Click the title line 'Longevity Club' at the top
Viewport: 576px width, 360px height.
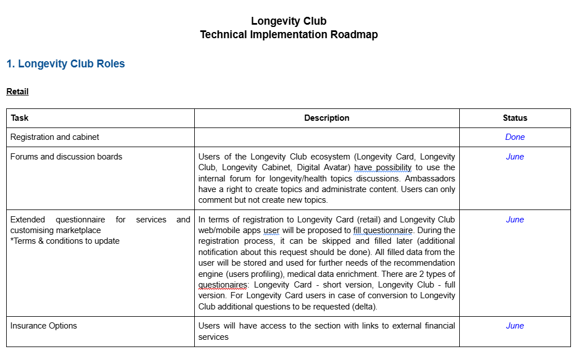(289, 21)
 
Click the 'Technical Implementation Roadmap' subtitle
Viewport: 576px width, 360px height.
(289, 35)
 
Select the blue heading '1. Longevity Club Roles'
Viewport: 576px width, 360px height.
(66, 64)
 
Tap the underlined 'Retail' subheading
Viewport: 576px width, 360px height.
(17, 92)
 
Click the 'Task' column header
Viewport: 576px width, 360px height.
(20, 118)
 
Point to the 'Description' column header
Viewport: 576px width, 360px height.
(327, 118)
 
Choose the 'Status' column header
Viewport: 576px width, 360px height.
(515, 118)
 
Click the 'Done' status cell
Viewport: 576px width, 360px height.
(515, 137)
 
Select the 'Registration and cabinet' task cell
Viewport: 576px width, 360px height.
(55, 137)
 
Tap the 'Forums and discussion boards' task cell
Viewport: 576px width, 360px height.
(66, 157)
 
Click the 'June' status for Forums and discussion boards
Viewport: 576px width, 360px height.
(515, 157)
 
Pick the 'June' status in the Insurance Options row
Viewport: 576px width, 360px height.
(515, 326)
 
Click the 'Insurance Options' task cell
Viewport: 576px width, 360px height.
(44, 326)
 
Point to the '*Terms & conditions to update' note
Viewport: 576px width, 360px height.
(65, 241)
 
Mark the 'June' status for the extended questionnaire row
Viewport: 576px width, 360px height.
(515, 220)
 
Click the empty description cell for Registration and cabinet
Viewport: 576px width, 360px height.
(327, 137)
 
